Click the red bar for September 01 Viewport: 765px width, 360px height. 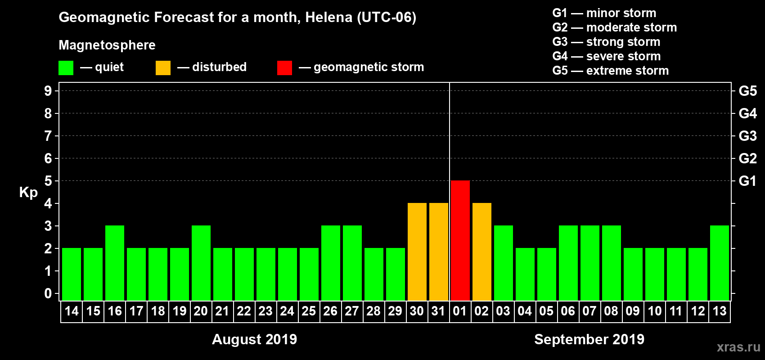pyautogui.click(x=460, y=240)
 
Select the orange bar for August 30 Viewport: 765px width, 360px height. pyautogui.click(x=417, y=252)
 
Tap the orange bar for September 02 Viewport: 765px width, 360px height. pyautogui.click(x=481, y=252)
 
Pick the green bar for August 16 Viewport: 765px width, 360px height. pyautogui.click(x=115, y=263)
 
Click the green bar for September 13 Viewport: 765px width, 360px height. pyautogui.click(x=719, y=263)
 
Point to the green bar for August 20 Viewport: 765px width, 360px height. pyautogui.click(x=201, y=263)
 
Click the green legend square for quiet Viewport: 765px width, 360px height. pyautogui.click(x=66, y=68)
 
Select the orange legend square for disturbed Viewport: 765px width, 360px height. pyautogui.click(x=163, y=68)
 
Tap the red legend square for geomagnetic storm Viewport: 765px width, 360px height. pyautogui.click(x=284, y=68)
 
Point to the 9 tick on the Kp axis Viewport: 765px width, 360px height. pyautogui.click(x=48, y=91)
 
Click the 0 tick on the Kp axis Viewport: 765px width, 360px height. pyautogui.click(x=48, y=293)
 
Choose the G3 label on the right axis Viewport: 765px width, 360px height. pyautogui.click(x=747, y=136)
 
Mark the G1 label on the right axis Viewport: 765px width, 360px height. pyautogui.click(x=747, y=181)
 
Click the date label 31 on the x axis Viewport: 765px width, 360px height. pyautogui.click(x=438, y=311)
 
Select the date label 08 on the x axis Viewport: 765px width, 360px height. pyautogui.click(x=611, y=311)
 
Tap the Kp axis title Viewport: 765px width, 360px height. pyautogui.click(x=28, y=193)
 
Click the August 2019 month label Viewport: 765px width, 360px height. pyautogui.click(x=254, y=339)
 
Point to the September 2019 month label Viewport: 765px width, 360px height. pyautogui.click(x=589, y=339)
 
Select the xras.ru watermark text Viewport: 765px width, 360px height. pyautogui.click(x=738, y=347)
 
